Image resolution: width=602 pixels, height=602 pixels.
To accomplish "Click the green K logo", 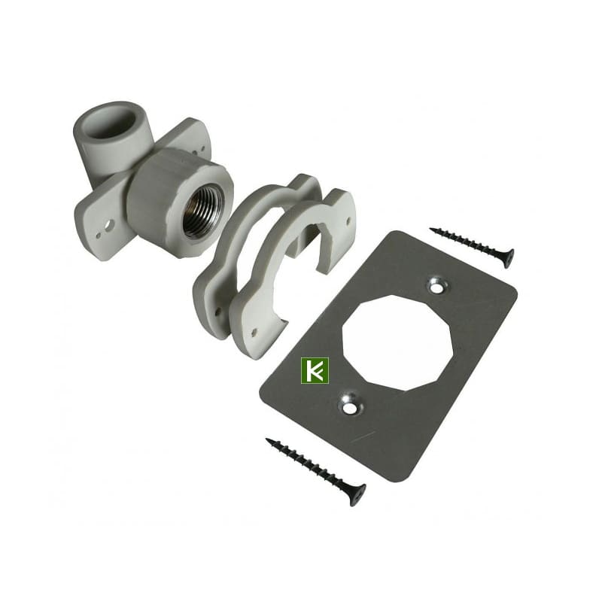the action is click(x=315, y=371).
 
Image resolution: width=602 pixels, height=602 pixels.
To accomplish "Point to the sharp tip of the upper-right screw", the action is click(x=430, y=230).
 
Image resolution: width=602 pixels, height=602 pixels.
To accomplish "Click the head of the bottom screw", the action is click(x=357, y=495).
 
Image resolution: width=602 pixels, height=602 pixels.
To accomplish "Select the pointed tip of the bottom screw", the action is click(x=267, y=439).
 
